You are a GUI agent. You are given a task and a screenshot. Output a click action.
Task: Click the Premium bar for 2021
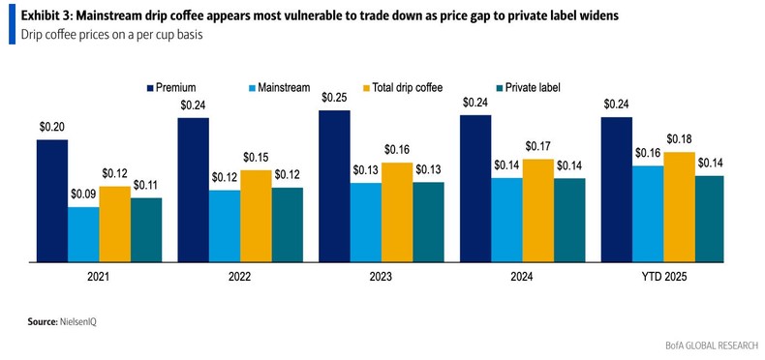click(x=52, y=200)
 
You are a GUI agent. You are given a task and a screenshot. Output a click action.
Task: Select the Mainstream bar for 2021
click(x=83, y=234)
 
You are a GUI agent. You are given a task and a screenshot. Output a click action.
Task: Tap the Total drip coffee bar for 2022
click(x=256, y=216)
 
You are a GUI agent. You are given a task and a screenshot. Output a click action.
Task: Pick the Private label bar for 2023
click(x=428, y=222)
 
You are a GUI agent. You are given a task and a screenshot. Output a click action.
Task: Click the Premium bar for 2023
click(x=334, y=186)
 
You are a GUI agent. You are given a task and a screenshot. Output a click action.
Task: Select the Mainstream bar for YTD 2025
click(x=648, y=213)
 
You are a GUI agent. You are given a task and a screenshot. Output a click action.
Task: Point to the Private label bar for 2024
click(x=569, y=220)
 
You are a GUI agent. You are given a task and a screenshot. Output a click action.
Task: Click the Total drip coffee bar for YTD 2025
click(x=679, y=207)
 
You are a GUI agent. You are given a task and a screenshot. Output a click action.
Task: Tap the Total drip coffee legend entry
click(x=408, y=87)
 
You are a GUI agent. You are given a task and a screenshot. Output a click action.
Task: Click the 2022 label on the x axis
click(x=240, y=277)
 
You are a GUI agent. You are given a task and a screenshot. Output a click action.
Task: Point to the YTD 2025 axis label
click(x=663, y=277)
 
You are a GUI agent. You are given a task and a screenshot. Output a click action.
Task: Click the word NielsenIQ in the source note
click(x=76, y=320)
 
